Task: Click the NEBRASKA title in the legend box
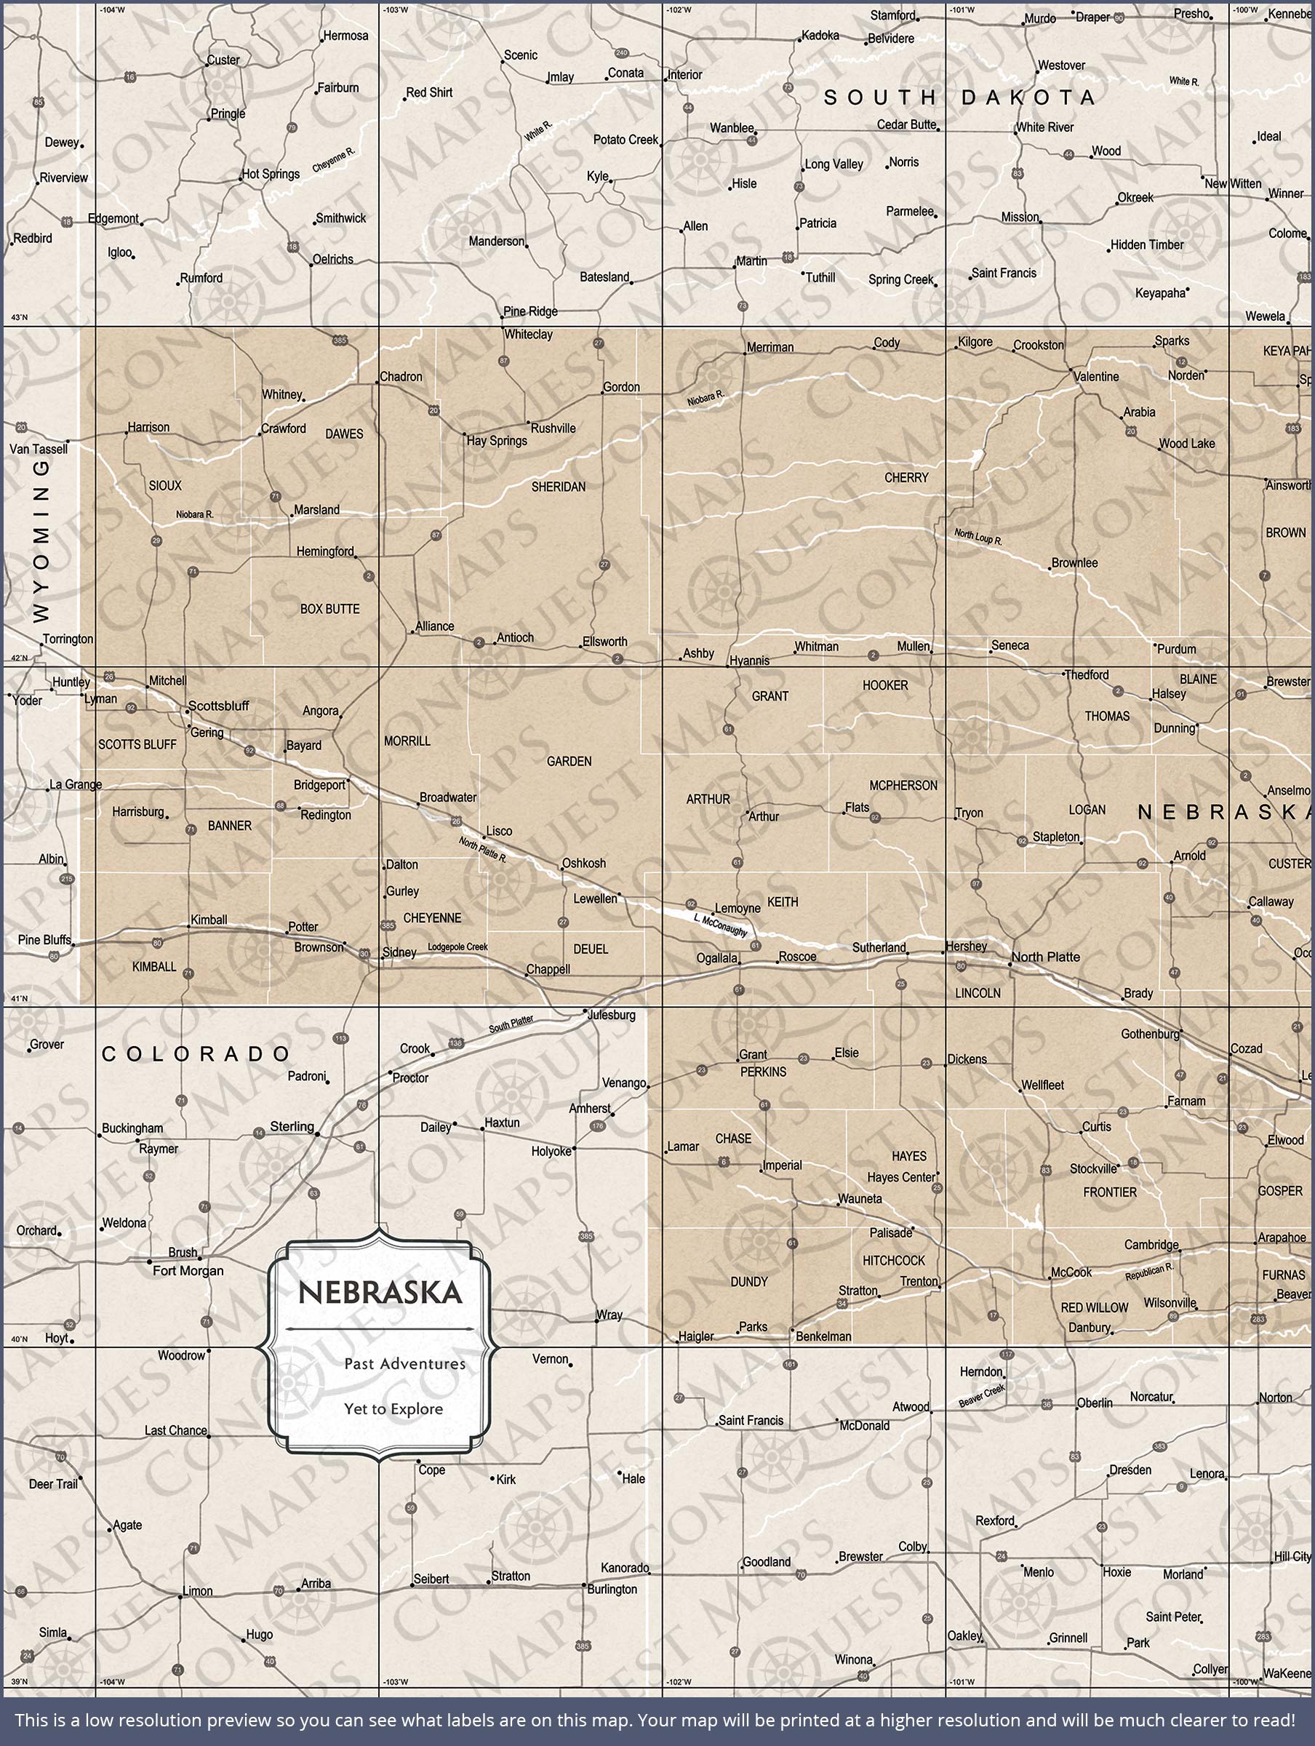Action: (x=380, y=1292)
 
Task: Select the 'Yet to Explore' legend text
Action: (x=393, y=1408)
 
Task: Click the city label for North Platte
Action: (x=1045, y=957)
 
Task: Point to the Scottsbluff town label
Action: (x=219, y=706)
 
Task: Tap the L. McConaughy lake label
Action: (x=721, y=925)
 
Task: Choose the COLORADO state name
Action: (x=196, y=1053)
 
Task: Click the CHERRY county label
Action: (x=906, y=477)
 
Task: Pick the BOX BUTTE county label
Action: (x=329, y=609)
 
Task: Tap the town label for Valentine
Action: (x=1096, y=377)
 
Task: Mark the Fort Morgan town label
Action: (x=188, y=1270)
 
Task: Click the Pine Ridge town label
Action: (x=530, y=311)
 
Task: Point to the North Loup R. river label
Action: (x=978, y=537)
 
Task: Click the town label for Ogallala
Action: (x=716, y=958)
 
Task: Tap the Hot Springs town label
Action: (x=271, y=174)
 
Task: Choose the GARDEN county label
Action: (x=569, y=761)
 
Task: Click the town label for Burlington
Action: (x=612, y=1589)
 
